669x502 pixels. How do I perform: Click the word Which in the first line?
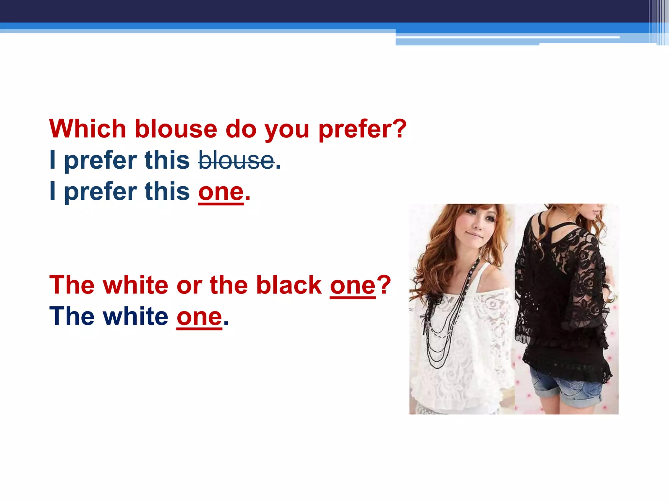coord(88,129)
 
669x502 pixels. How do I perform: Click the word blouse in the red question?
coord(176,129)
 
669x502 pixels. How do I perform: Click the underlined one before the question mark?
coord(352,285)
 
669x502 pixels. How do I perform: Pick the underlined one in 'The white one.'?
coord(199,317)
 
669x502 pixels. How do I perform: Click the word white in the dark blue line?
coord(136,317)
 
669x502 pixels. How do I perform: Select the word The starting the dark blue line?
coord(72,317)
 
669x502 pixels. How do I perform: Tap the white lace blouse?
coord(464,343)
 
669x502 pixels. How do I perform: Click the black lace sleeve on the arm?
coord(588,294)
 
